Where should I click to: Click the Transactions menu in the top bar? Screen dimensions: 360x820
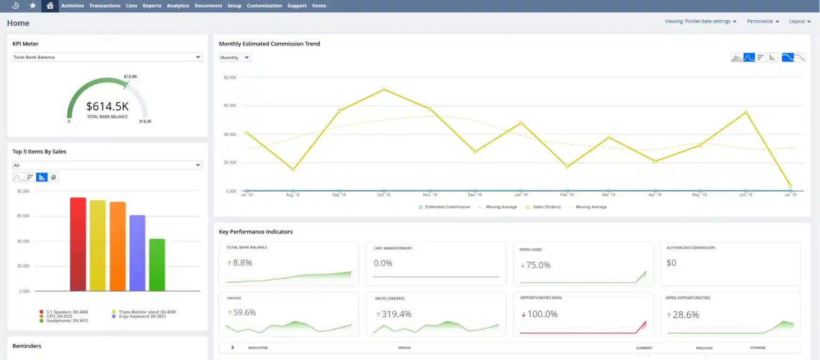105,6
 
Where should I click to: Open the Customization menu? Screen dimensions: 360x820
264,6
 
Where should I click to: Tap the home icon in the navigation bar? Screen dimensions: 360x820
50,6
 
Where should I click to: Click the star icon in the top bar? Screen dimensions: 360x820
33,6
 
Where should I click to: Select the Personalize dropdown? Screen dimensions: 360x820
762,21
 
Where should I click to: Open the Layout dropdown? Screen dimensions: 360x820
799,21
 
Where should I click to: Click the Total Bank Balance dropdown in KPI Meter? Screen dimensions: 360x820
107,57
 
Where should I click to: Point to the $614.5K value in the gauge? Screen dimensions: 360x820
107,106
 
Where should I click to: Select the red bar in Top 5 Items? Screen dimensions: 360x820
78,244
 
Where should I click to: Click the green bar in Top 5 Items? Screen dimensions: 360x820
157,264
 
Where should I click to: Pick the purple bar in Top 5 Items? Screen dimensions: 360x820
137,253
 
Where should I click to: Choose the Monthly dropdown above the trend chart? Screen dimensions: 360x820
235,58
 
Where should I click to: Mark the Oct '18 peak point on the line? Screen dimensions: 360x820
383,89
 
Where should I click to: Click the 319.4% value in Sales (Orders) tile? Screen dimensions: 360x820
396,314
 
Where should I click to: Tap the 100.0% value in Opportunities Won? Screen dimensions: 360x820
542,314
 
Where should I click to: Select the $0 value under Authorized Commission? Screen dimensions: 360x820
671,263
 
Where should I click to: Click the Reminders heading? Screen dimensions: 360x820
27,346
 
